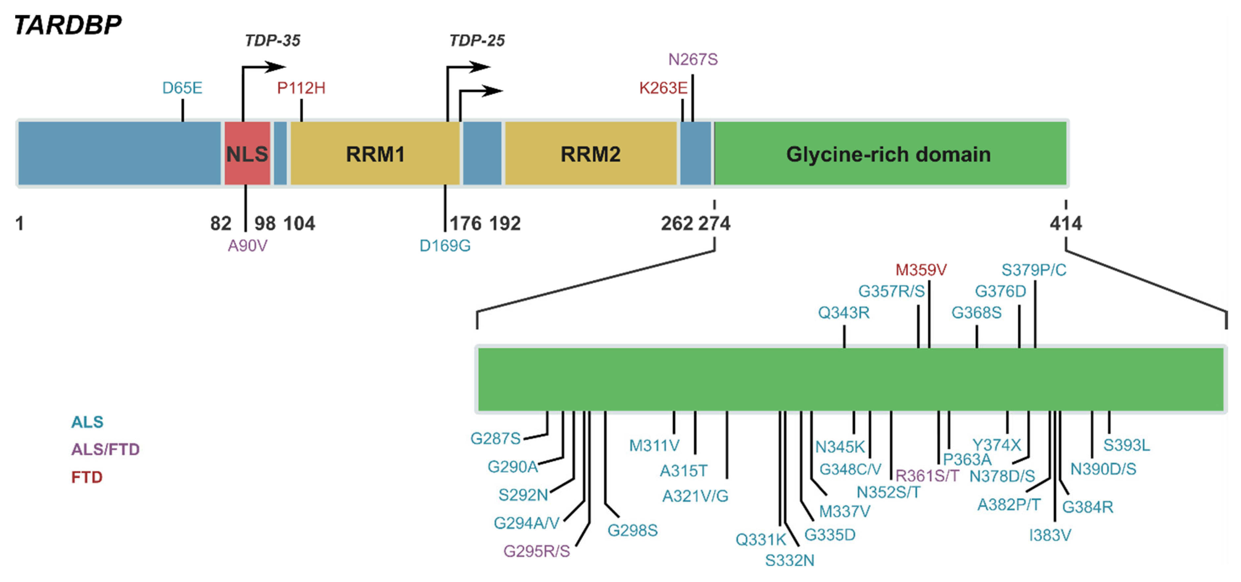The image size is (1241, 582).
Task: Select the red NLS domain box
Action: tap(247, 154)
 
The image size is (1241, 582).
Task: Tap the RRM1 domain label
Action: tap(375, 154)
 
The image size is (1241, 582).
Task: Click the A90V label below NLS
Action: tap(247, 246)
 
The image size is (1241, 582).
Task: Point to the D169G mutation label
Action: tap(445, 246)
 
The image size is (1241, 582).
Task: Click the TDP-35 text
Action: tap(272, 40)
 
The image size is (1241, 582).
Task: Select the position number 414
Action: tap(1065, 223)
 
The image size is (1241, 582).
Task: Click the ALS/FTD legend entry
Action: tap(105, 449)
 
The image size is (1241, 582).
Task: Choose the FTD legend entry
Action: tap(87, 477)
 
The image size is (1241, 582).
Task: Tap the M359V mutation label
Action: tap(921, 270)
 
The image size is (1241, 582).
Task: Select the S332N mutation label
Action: tap(789, 560)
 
